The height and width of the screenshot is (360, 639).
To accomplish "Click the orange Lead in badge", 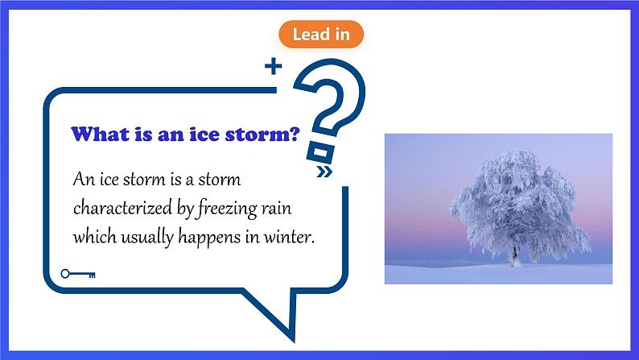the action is point(321,35).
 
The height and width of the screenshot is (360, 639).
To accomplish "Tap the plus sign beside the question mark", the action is point(273,67).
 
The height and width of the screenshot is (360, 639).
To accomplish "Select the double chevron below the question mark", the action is point(324,172).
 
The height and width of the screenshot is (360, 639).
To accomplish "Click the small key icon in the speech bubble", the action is point(78,274).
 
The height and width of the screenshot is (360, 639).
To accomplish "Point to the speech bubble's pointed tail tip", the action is point(294,341).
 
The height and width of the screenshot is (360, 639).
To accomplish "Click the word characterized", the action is point(122,208).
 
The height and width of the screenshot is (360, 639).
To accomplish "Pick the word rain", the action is point(276,209).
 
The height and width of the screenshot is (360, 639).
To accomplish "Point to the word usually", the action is point(147,238).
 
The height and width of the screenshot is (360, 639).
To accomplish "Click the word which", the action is point(95,237).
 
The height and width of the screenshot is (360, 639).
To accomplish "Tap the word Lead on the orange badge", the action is point(306,35).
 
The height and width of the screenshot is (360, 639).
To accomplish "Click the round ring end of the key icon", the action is point(65,274).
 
